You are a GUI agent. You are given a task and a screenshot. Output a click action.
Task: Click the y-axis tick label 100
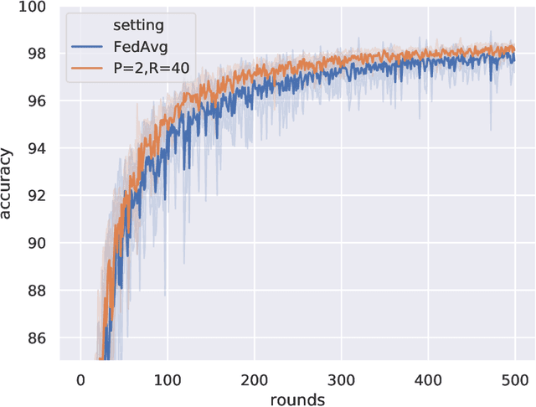click(36, 7)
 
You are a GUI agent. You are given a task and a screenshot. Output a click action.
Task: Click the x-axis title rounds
click(298, 399)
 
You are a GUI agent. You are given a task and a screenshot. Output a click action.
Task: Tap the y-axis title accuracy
click(9, 182)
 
